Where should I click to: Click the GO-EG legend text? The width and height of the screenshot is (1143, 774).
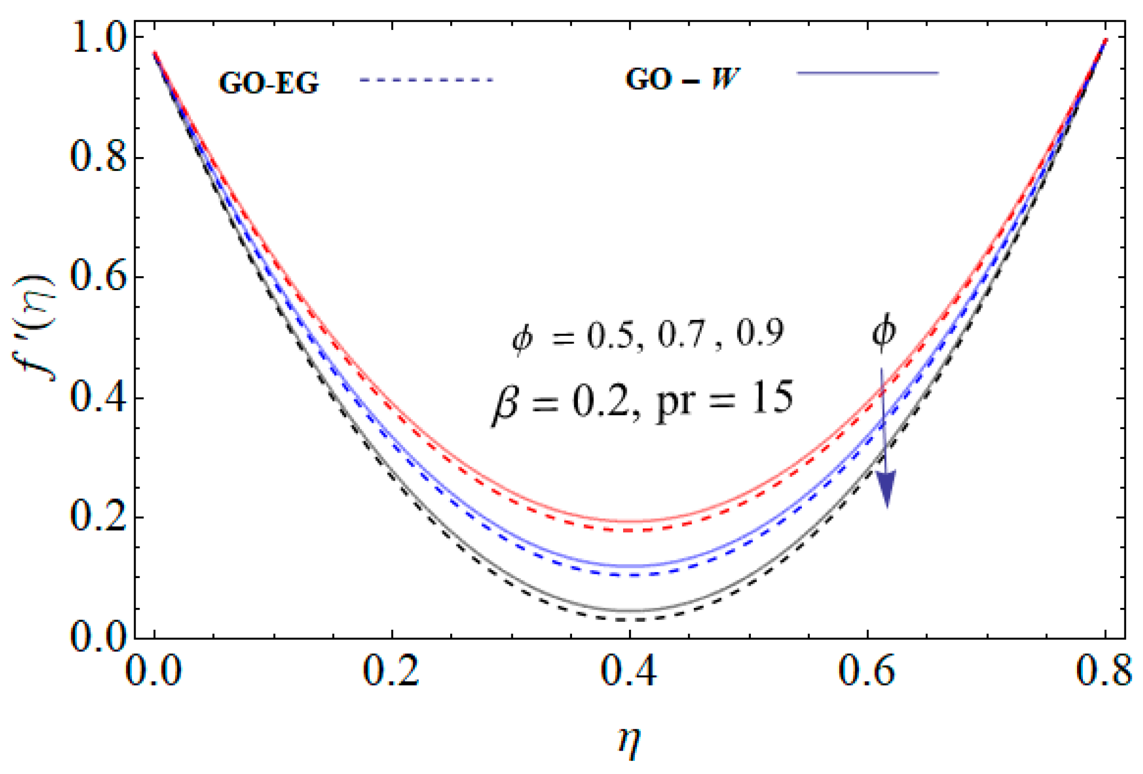[x=269, y=83]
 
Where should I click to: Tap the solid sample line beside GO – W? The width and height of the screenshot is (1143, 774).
[x=867, y=73]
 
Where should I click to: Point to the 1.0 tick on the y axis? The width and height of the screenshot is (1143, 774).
[x=98, y=38]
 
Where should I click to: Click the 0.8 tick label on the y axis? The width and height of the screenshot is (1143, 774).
[x=98, y=158]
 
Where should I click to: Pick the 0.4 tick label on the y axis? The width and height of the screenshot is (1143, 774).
[x=98, y=398]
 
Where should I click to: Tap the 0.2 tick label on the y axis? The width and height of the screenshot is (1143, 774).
[x=98, y=517]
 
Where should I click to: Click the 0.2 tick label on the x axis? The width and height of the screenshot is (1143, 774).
[x=392, y=671]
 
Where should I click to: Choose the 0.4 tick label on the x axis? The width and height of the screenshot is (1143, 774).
[x=629, y=671]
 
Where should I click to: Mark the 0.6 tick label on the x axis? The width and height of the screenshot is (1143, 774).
[x=867, y=671]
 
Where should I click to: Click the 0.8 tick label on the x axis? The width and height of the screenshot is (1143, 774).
[x=1104, y=671]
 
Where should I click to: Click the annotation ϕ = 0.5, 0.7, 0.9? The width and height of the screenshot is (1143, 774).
[x=647, y=335]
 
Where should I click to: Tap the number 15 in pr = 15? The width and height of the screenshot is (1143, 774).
[x=772, y=398]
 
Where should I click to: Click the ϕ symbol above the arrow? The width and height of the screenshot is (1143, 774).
[x=883, y=332]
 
